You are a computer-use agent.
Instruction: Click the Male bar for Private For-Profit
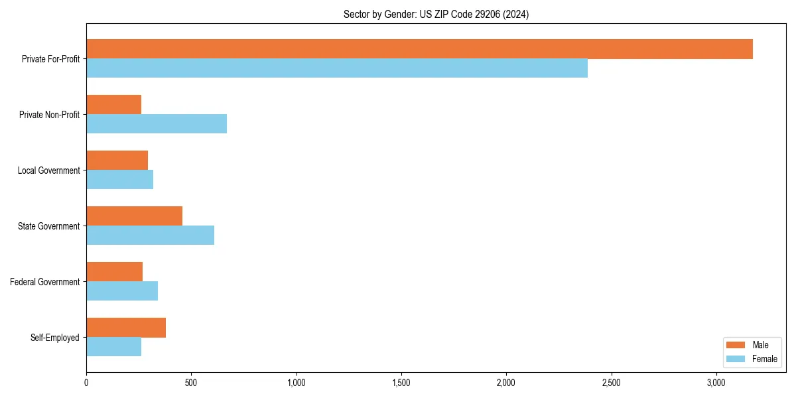click(x=419, y=49)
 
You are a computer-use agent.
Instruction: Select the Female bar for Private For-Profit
click(x=337, y=68)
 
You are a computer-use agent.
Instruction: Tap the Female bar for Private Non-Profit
click(x=157, y=124)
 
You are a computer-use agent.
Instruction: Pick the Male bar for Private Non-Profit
click(x=113, y=105)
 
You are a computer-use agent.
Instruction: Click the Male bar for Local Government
click(x=117, y=161)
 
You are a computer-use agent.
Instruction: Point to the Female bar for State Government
click(x=150, y=235)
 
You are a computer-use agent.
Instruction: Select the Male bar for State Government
click(x=134, y=216)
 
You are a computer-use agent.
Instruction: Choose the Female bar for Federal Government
click(x=122, y=291)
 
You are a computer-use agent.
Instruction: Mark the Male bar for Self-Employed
click(x=126, y=328)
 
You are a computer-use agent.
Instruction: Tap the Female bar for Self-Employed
click(x=113, y=347)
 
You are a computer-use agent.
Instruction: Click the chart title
click(x=436, y=14)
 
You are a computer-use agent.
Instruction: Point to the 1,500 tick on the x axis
click(x=401, y=383)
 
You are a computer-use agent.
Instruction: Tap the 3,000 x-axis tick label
click(x=716, y=383)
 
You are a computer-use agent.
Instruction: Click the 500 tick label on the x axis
click(x=191, y=383)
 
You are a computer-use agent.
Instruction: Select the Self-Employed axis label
click(x=55, y=338)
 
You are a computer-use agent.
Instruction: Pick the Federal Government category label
click(x=45, y=282)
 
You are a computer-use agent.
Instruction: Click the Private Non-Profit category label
click(x=49, y=115)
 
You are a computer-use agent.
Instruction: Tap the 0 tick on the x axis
click(x=86, y=383)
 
